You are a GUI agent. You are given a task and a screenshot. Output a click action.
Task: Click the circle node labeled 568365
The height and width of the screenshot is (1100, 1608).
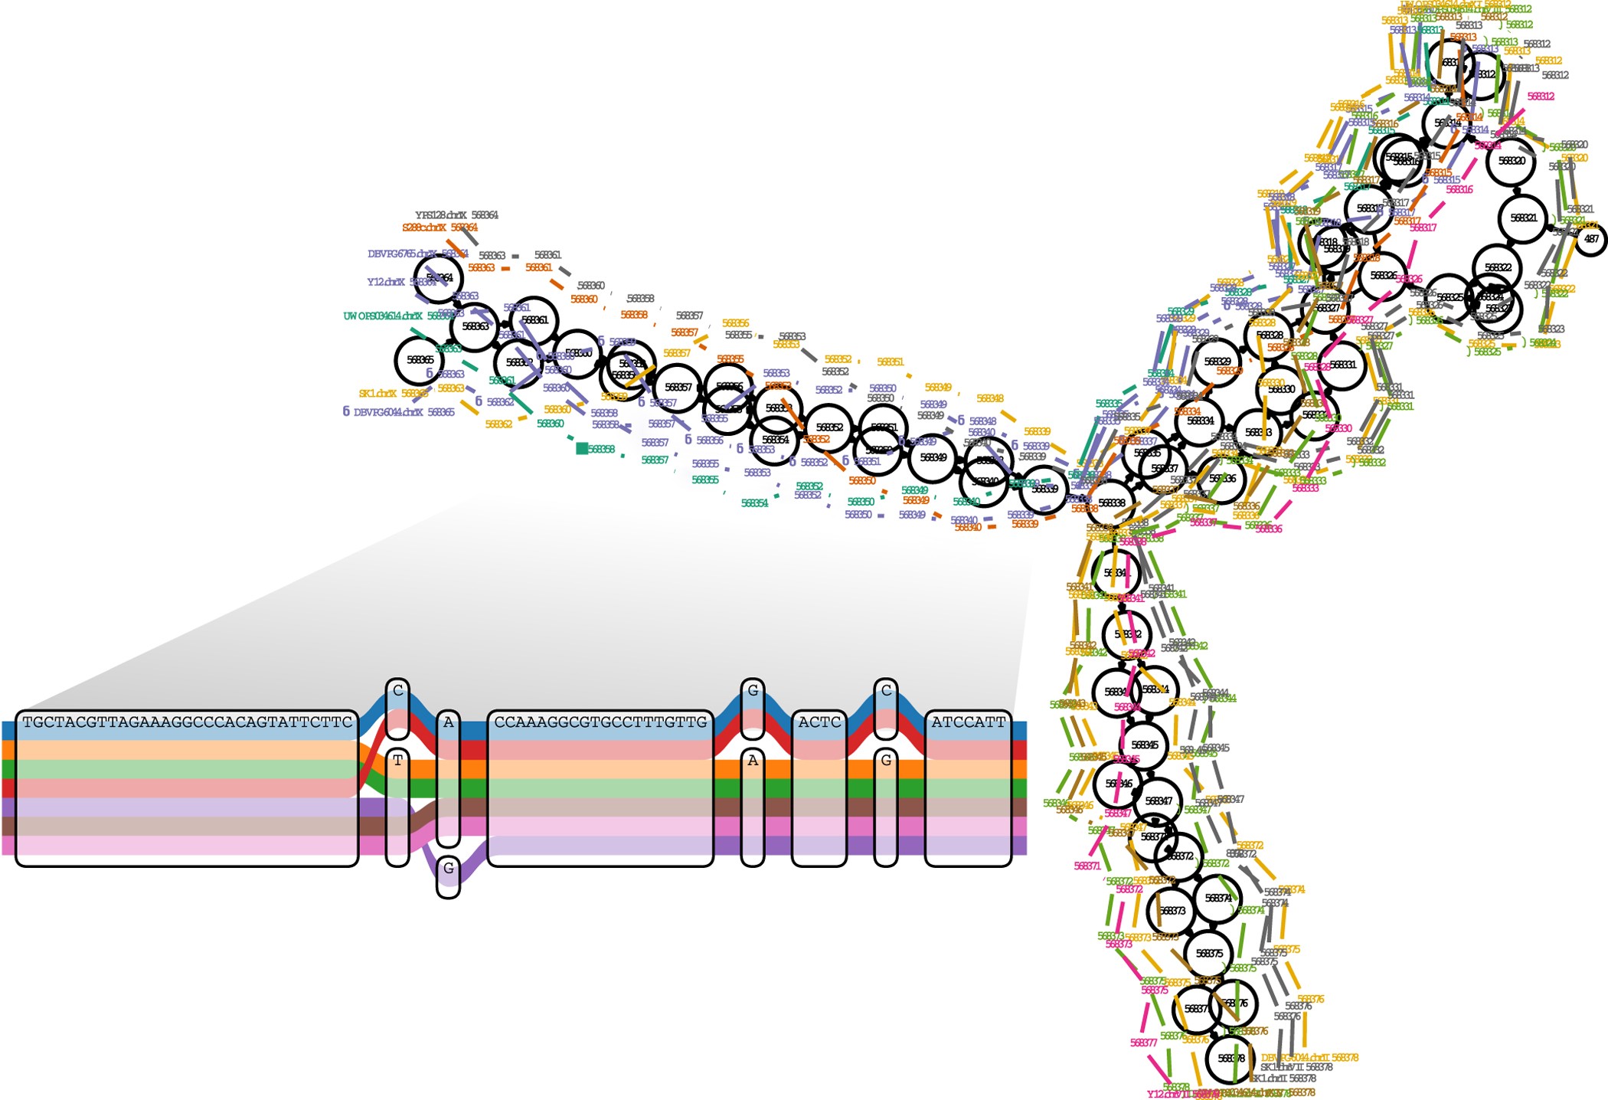point(420,359)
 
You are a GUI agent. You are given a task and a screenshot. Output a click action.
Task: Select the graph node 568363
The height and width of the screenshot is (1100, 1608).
point(475,326)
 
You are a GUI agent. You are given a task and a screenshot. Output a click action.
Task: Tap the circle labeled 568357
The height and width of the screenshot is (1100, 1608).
point(678,388)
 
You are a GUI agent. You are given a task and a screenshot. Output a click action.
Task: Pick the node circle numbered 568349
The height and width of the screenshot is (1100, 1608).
point(933,457)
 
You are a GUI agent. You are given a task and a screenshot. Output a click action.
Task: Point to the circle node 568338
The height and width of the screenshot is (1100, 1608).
point(1111,503)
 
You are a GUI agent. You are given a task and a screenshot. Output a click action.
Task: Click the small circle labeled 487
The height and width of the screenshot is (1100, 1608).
point(1591,239)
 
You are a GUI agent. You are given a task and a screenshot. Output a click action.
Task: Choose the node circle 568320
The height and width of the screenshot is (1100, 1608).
point(1511,162)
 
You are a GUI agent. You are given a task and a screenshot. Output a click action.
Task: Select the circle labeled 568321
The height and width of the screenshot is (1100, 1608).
point(1523,218)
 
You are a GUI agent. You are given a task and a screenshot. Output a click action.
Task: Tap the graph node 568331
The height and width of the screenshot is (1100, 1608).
point(1342,365)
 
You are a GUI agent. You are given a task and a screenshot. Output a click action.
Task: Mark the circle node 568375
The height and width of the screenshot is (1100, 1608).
point(1208,954)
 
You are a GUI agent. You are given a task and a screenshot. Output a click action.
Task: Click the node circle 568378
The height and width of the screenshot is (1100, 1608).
point(1230,1059)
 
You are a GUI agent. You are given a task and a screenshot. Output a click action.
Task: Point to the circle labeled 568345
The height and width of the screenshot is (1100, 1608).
point(1144,745)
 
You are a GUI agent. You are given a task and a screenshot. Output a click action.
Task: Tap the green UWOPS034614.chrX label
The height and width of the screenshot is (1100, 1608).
point(382,316)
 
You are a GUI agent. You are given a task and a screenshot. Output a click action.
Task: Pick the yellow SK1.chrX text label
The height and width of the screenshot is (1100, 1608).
point(377,394)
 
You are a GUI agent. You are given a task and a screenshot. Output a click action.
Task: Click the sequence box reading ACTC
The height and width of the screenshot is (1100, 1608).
point(819,722)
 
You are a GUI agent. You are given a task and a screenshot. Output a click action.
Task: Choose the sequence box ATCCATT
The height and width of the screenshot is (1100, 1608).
point(968,722)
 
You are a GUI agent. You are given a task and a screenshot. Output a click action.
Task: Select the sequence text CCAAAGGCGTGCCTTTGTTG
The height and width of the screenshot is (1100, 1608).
point(600,722)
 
